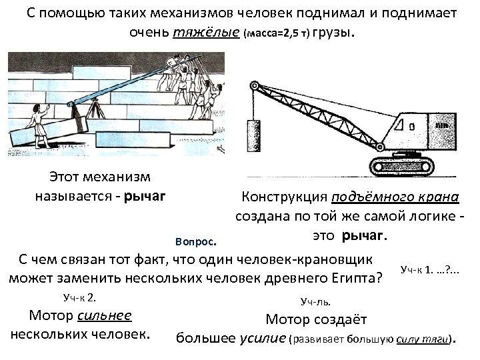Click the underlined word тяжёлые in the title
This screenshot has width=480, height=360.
click(x=207, y=32)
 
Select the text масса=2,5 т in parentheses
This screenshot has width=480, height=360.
click(x=278, y=33)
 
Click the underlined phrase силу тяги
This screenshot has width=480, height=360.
click(x=423, y=339)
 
